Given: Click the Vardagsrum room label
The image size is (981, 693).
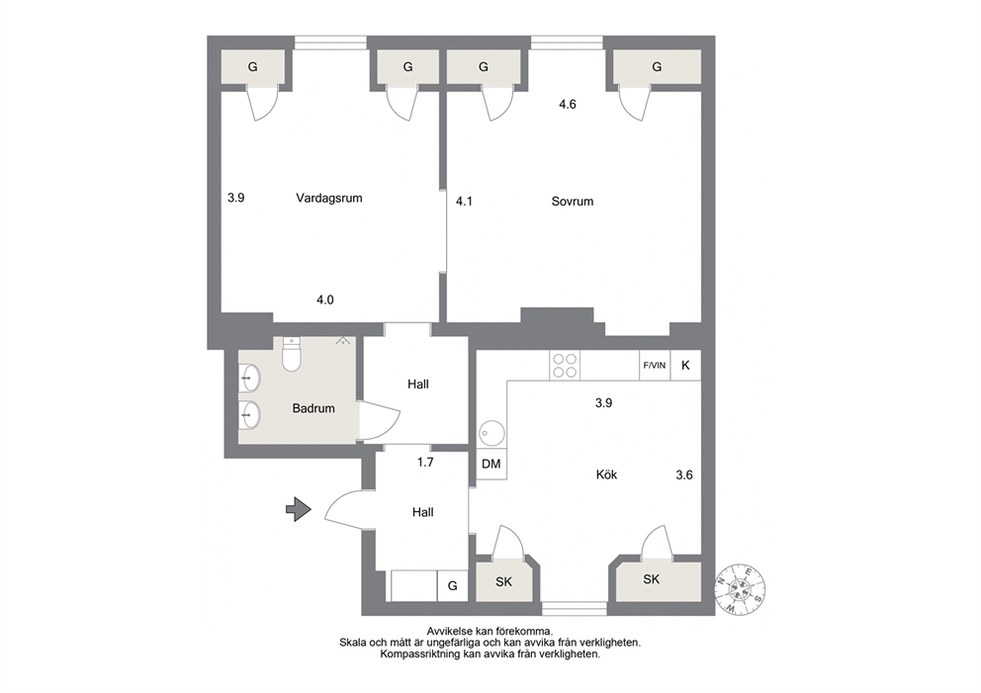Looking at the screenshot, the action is (x=329, y=199).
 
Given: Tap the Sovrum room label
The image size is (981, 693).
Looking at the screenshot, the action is (x=573, y=202).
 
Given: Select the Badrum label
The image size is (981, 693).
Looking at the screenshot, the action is (x=313, y=408).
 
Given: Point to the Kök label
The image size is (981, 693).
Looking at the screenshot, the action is (x=606, y=475).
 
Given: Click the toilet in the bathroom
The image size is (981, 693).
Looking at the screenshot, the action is (x=292, y=354).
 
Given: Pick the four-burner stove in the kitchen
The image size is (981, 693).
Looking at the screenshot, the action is (x=565, y=365).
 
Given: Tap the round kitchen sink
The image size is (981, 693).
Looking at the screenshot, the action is (x=491, y=433).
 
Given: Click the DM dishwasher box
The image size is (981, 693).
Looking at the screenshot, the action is (x=491, y=464).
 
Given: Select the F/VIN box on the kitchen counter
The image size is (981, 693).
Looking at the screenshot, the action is (x=655, y=365).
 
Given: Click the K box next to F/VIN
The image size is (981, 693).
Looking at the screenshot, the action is (x=685, y=365).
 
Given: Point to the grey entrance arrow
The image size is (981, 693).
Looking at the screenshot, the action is (x=299, y=509).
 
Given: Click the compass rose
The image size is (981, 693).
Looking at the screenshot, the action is (x=740, y=588).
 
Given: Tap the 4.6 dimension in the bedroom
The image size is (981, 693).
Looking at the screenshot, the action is (x=568, y=105).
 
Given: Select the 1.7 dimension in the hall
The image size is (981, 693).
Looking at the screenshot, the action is (x=425, y=463).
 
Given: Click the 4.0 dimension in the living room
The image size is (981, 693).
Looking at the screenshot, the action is (x=325, y=301).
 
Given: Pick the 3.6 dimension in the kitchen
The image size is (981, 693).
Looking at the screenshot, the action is (x=684, y=476).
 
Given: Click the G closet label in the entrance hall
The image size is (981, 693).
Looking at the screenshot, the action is (x=452, y=586).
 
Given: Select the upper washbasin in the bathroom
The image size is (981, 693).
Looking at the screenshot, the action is (x=249, y=379).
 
